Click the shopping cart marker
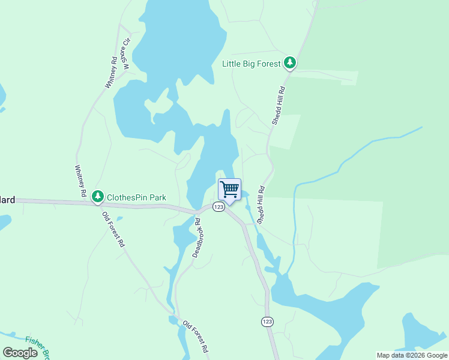229,190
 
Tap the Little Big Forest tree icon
290,62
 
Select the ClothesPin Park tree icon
97,196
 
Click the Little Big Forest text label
252,64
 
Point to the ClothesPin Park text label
136,197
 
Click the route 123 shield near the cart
218,206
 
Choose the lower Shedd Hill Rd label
261,205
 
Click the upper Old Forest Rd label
113,230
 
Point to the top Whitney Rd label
110,72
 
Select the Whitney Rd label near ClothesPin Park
79,182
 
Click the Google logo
20,353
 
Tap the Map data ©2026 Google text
412,355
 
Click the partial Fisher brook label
35,347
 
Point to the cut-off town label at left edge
7,200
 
